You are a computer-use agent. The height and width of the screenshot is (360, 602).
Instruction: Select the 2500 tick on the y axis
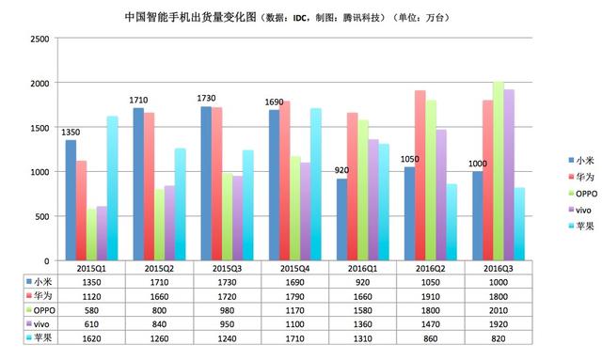tap(39, 39)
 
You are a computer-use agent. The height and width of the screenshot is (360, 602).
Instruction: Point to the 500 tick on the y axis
tap(41, 216)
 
